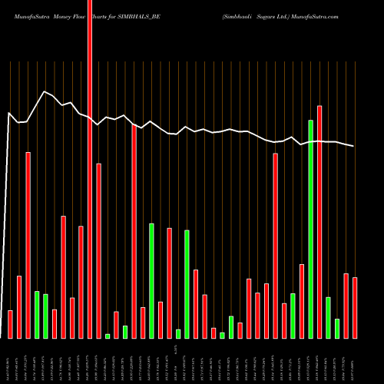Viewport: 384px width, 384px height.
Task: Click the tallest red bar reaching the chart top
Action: [90, 169]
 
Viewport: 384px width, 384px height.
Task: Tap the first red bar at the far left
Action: [11, 324]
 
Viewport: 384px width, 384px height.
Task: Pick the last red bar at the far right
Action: [355, 307]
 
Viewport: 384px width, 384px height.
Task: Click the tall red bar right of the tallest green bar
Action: [319, 222]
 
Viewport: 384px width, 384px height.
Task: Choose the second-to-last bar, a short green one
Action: [337, 329]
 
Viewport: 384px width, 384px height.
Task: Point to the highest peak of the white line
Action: [45, 91]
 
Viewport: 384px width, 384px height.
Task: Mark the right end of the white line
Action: [354, 146]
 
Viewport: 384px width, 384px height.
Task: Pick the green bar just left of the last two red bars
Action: [329, 317]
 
